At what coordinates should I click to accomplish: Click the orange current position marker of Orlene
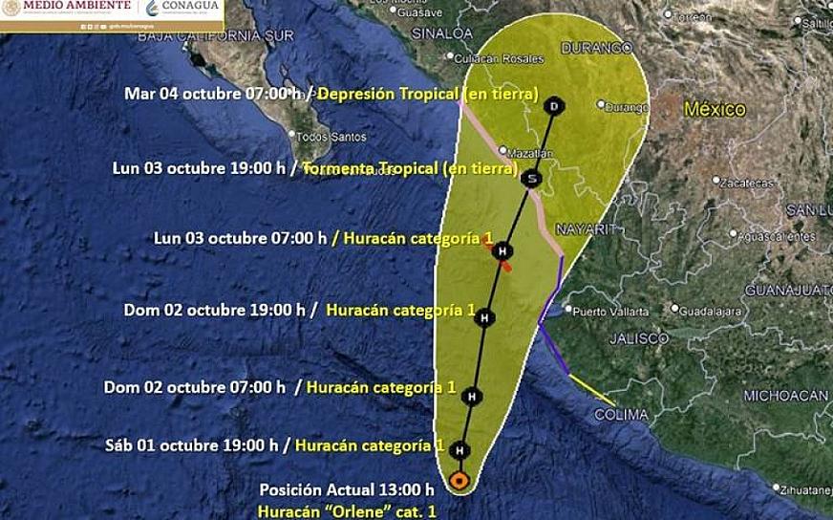[459, 480]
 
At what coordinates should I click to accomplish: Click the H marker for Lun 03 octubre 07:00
[502, 251]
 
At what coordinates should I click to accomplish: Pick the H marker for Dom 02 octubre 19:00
[484, 317]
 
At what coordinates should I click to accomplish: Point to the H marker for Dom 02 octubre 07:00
[469, 395]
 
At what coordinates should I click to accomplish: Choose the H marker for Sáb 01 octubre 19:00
[459, 449]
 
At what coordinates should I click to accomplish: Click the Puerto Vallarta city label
[610, 311]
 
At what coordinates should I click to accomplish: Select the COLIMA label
[621, 415]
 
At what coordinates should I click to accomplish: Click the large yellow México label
[714, 110]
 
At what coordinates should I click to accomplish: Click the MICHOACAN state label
[785, 395]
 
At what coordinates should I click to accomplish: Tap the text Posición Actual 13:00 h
[340, 490]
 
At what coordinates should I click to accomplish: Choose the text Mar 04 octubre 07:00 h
[213, 94]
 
